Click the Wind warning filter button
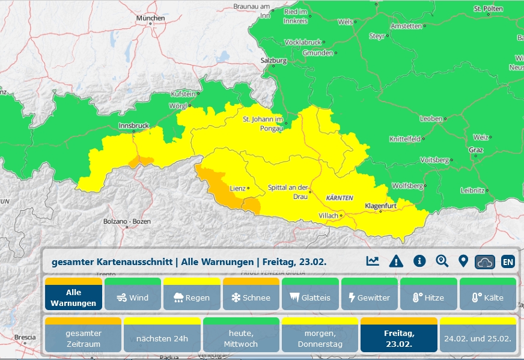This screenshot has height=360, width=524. pos(132,297)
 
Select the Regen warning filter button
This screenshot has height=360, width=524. pos(192,297)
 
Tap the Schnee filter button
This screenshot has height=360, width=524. pos(251,297)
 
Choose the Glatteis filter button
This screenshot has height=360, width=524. pos(309,297)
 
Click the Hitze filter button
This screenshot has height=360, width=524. pos(428,297)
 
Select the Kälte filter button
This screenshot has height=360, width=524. pos(487,297)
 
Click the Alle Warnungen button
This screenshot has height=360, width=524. pos(73,297)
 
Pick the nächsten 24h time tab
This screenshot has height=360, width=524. pos(162,338)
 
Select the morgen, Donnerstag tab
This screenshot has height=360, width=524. pos(320,338)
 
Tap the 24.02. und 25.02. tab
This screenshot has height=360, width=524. pos(478,338)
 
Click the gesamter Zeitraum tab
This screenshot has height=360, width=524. pos(84,338)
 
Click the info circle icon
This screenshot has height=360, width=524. pos(419,261)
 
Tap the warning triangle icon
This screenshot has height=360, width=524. pos(395,261)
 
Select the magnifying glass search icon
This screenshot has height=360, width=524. pos(442,261)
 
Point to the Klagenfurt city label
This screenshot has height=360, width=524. pos(382,206)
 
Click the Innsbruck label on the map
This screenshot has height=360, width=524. pos(133,126)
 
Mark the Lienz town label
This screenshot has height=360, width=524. pos(237,188)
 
